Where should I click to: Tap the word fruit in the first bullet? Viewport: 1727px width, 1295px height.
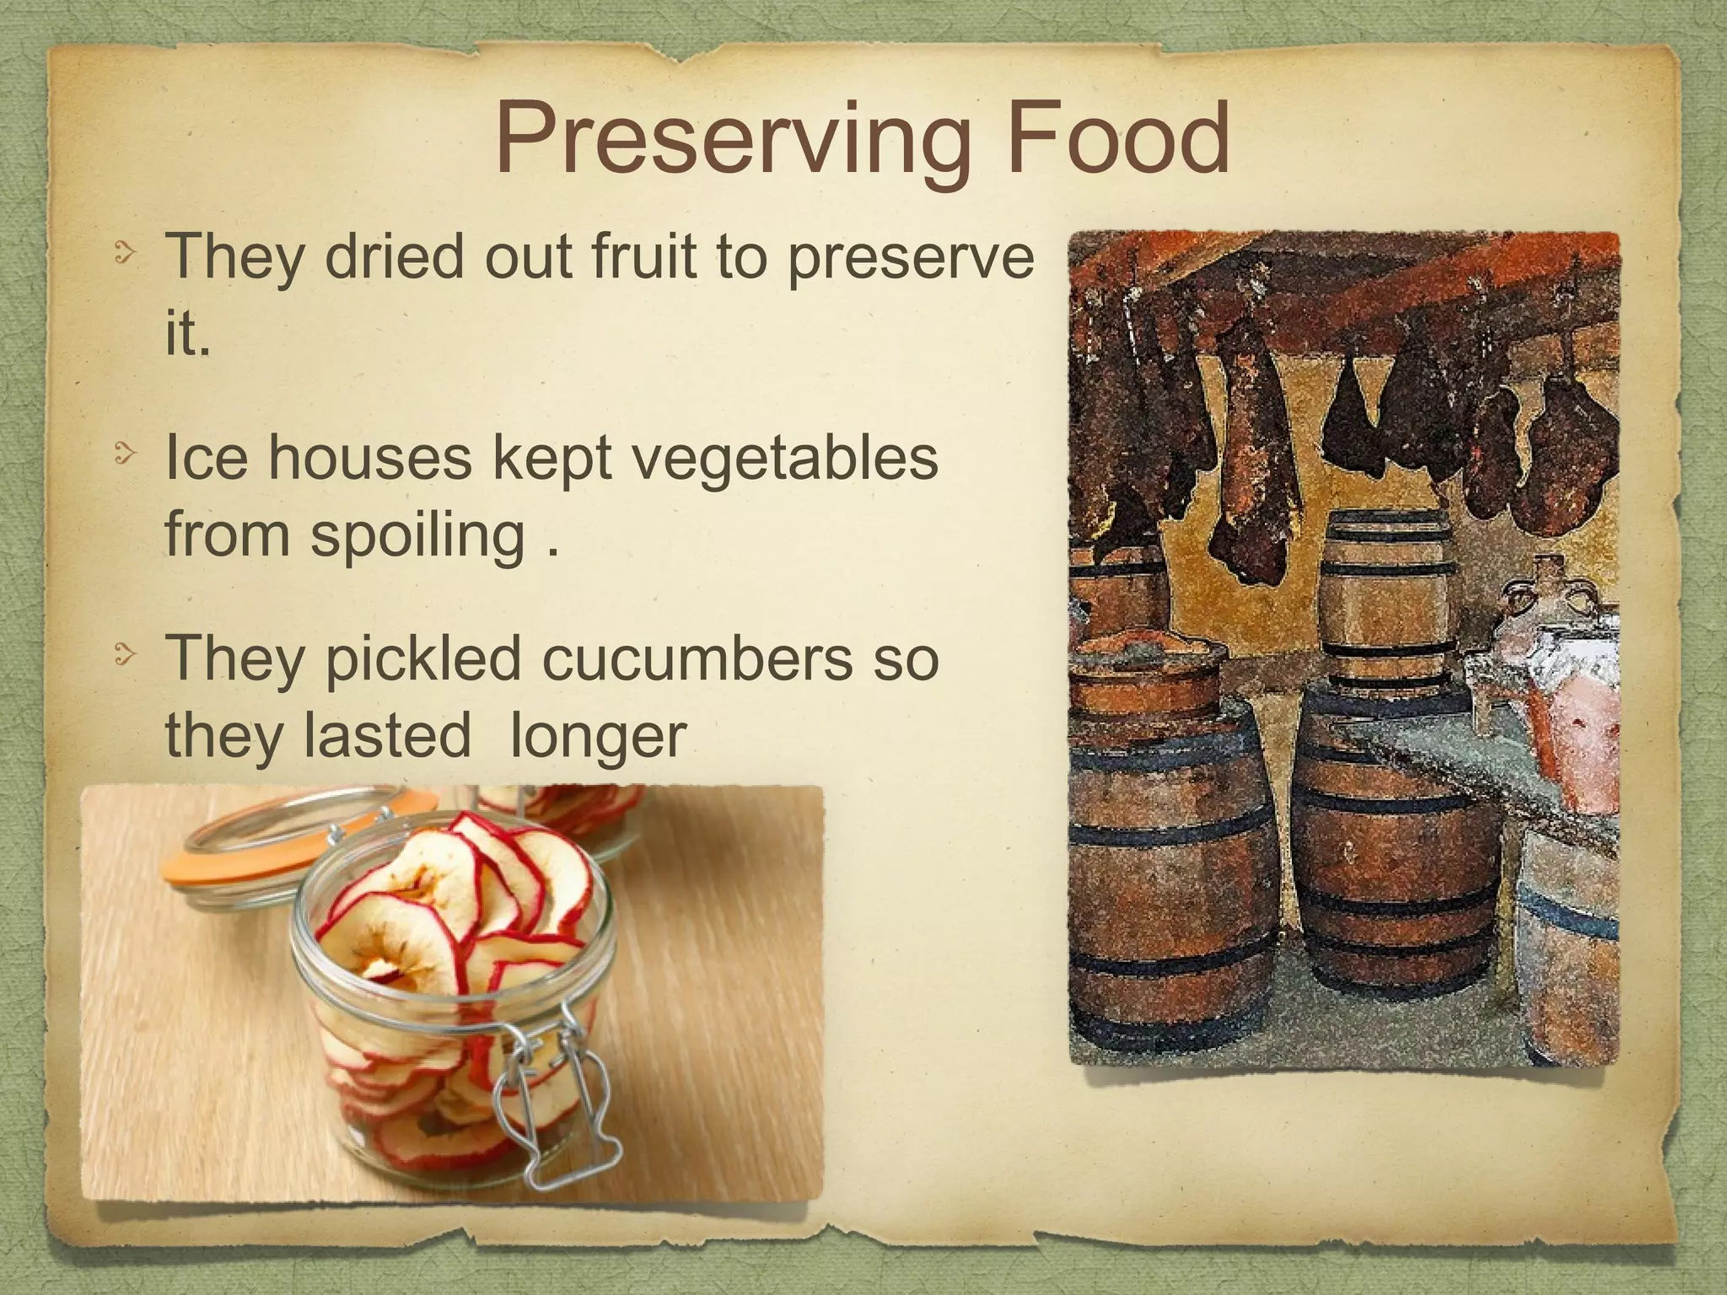point(646,256)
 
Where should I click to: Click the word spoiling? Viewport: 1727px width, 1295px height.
point(418,537)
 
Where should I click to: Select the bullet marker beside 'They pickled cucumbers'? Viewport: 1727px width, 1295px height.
point(124,655)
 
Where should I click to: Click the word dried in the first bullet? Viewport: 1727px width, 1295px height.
point(394,256)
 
